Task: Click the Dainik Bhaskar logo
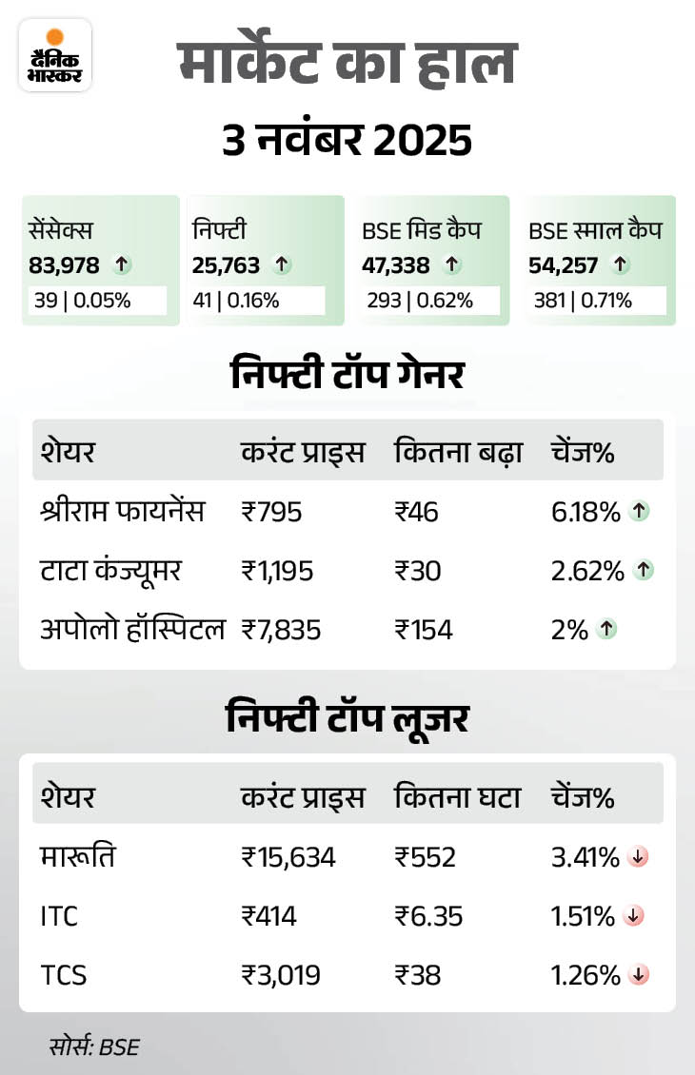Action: click(x=55, y=55)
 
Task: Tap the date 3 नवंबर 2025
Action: click(x=347, y=141)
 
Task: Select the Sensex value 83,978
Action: click(x=64, y=265)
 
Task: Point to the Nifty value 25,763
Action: click(x=227, y=265)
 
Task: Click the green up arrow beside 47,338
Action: click(x=452, y=265)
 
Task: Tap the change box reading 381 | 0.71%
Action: click(x=587, y=301)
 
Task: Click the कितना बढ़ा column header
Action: click(x=458, y=452)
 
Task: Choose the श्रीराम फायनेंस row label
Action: click(x=122, y=513)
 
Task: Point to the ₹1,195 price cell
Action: click(x=277, y=571)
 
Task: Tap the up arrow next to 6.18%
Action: click(x=641, y=512)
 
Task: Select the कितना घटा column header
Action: click(x=458, y=797)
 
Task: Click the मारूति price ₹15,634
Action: click(x=288, y=858)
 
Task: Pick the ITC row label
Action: click(x=59, y=916)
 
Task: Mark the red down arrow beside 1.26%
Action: click(x=640, y=974)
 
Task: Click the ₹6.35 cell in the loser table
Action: click(x=429, y=916)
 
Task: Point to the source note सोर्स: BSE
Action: click(x=94, y=1047)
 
